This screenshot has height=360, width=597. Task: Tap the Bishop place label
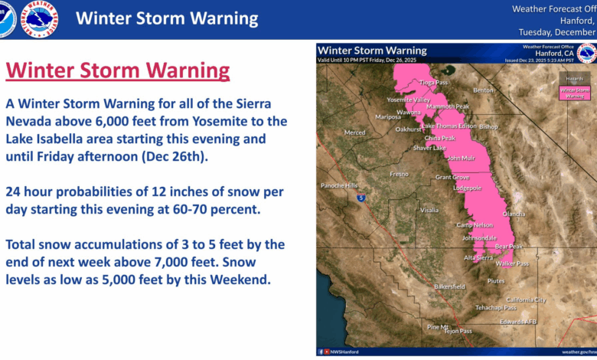click(488, 126)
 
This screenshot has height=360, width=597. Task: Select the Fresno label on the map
click(399, 174)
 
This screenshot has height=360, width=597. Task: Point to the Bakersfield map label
click(449, 286)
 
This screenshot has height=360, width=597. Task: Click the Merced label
click(354, 133)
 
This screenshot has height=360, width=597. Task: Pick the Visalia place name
click(429, 209)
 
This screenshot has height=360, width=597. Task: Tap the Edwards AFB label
click(518, 321)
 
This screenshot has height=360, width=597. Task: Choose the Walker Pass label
click(513, 263)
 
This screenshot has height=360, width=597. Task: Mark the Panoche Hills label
click(338, 185)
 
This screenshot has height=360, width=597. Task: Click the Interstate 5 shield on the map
click(361, 198)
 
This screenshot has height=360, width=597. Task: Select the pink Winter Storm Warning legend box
click(573, 93)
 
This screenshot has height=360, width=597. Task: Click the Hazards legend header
click(573, 78)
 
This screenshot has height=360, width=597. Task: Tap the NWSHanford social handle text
click(344, 352)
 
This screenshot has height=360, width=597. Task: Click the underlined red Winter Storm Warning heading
click(118, 72)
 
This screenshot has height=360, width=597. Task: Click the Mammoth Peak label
click(448, 106)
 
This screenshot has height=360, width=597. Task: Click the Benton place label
click(484, 90)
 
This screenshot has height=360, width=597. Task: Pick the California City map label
click(526, 299)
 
